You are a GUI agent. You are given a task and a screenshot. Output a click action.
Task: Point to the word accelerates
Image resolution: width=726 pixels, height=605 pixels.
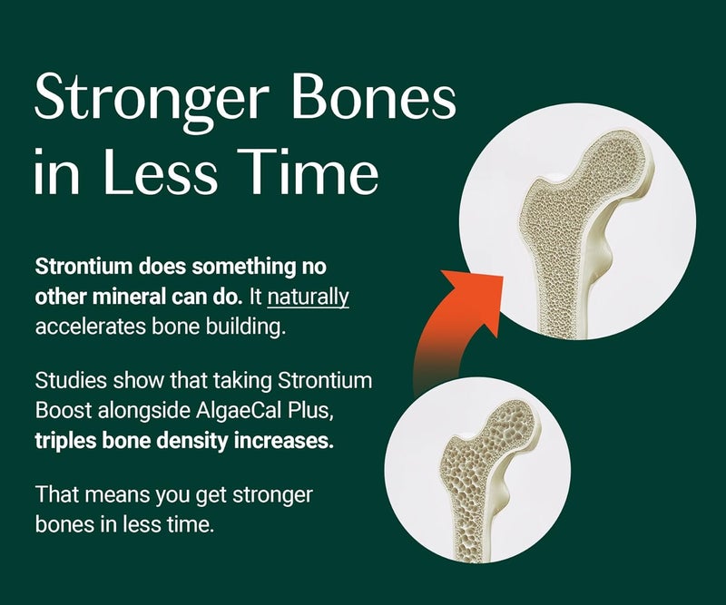(x=84, y=326)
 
